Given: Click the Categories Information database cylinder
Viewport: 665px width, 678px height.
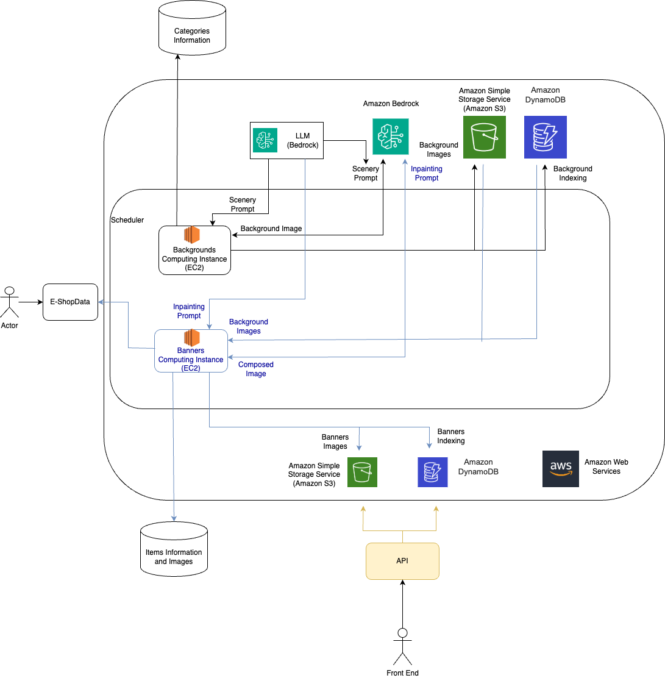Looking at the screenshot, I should click(x=192, y=29).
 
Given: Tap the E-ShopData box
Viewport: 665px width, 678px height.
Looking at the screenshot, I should click(x=70, y=302).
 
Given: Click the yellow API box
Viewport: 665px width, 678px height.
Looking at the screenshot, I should click(x=402, y=561).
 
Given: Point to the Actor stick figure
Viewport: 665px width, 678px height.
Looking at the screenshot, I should click(x=9, y=302).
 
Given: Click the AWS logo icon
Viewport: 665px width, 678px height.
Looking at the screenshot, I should click(x=561, y=469).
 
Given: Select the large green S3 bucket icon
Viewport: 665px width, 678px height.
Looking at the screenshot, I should click(x=485, y=137).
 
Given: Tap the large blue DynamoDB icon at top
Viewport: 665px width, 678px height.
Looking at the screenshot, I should click(x=546, y=137).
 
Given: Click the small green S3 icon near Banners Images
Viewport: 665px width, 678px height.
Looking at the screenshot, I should click(x=362, y=473).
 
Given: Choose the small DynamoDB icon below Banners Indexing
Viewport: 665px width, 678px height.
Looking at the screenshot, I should click(x=433, y=473).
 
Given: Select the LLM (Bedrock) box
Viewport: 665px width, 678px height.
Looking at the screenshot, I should click(x=286, y=141).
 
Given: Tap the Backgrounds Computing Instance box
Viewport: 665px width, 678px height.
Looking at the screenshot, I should click(x=194, y=250).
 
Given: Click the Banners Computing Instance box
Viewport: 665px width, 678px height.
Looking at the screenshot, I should click(x=191, y=351).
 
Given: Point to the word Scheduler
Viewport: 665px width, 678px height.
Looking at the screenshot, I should click(x=127, y=219).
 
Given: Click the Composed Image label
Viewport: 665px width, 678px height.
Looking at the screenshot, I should click(x=256, y=369).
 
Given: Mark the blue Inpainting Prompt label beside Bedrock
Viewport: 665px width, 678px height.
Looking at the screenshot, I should click(x=427, y=173).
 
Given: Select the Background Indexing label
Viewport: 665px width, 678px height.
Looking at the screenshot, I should click(x=573, y=173).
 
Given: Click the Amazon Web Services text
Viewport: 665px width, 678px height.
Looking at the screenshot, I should click(x=606, y=466).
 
